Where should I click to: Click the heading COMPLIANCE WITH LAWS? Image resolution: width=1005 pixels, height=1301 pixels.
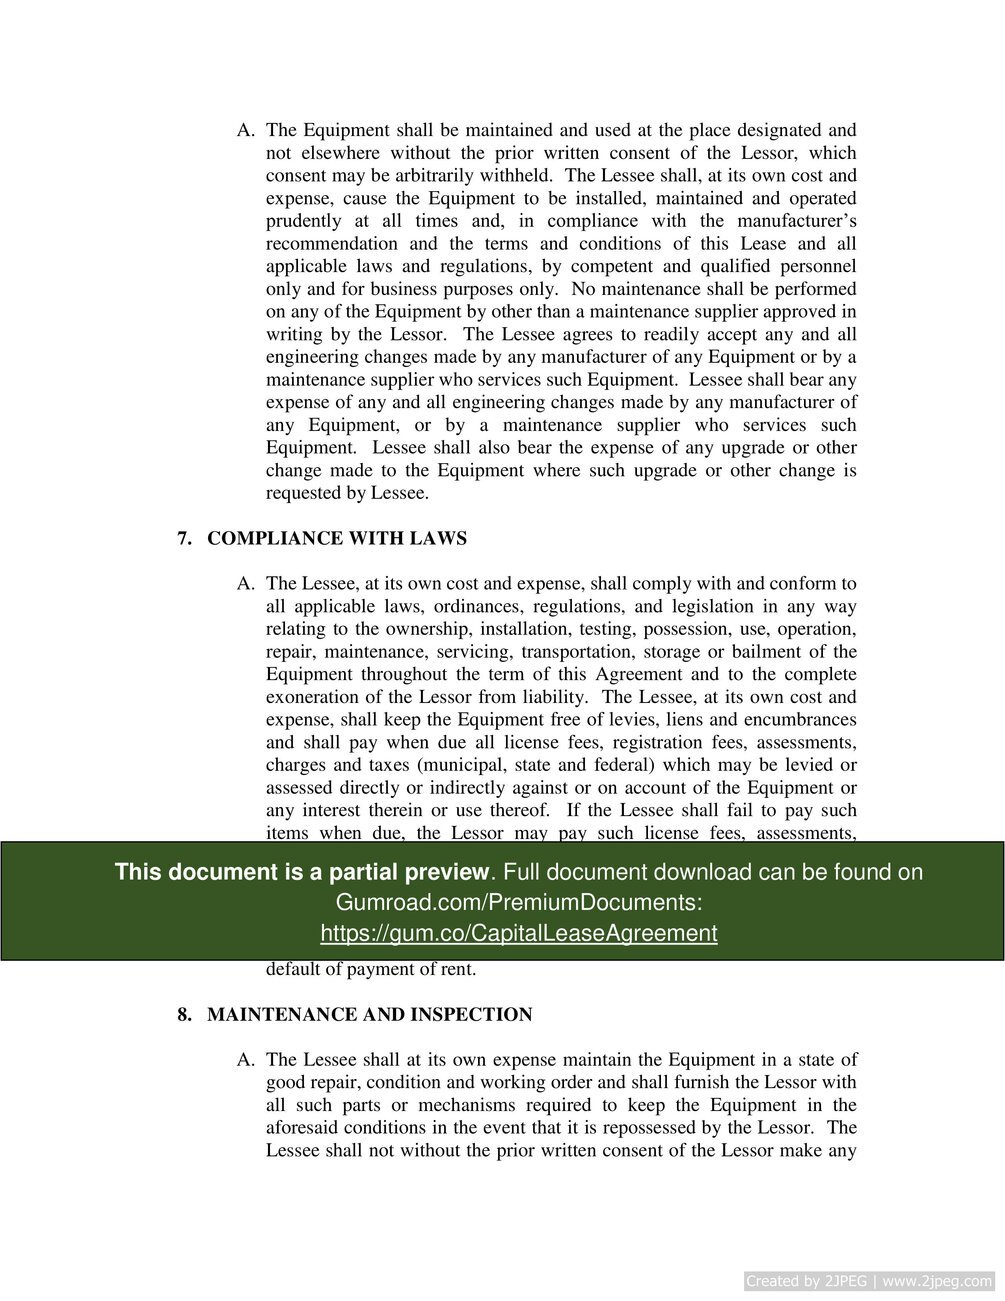point(336,539)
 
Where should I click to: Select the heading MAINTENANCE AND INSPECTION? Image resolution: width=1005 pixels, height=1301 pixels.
point(369,1015)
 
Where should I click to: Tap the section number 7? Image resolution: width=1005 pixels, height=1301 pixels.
point(184,539)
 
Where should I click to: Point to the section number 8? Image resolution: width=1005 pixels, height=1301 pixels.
point(184,1015)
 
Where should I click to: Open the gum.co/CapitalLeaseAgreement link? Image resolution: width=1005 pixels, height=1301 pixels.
point(518,933)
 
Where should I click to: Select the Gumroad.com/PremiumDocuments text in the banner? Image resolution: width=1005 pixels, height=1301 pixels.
point(518,902)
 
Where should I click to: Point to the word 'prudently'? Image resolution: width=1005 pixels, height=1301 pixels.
point(303,221)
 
